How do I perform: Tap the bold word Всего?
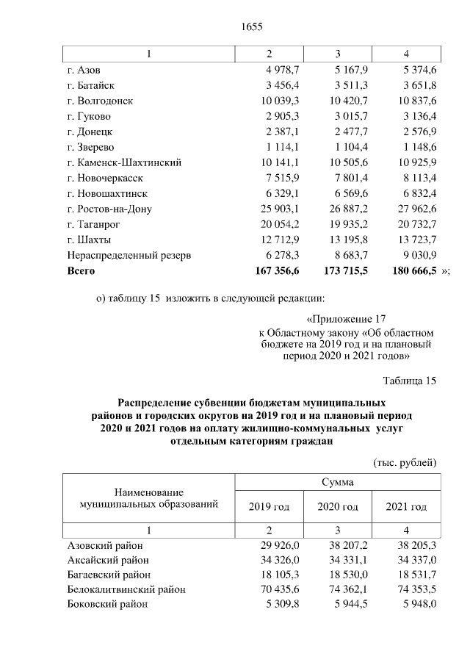coord(82,270)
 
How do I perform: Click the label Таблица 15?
coord(410,380)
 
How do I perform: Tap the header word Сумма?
coord(337,482)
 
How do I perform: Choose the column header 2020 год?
coord(338,507)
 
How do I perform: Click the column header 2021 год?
coord(406,507)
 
